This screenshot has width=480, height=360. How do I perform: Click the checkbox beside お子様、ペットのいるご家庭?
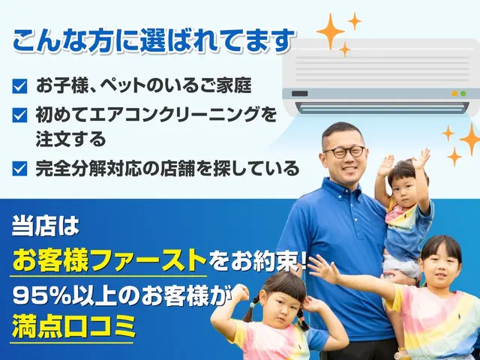pos(19,85)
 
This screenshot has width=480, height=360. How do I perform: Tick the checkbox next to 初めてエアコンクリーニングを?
pos(19,115)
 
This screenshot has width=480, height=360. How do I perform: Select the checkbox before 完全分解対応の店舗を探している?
pos(19,168)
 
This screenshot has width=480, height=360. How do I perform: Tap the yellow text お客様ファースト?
pos(109,260)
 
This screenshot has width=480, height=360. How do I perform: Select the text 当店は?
pos(45,224)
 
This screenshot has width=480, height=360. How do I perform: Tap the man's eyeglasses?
pos(343,151)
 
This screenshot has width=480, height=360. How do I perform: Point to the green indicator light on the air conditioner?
pos(454,94)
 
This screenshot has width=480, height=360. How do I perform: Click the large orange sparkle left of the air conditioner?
pos(329,31)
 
